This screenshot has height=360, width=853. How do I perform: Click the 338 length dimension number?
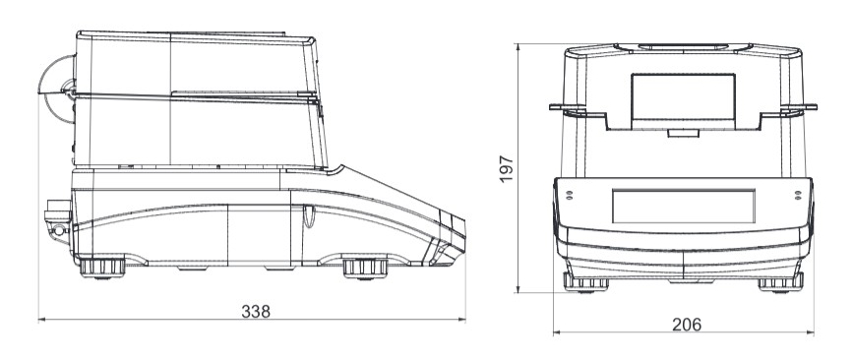pos(256,312)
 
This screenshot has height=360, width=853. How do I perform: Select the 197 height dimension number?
pos(507,169)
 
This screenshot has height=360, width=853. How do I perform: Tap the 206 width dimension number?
pos(687,325)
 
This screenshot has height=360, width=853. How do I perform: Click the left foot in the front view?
pos(586,282)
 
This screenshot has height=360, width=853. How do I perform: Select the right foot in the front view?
pos(780,282)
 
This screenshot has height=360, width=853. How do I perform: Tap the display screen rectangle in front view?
pos(684,207)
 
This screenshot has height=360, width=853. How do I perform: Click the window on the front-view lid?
pos(683,97)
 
